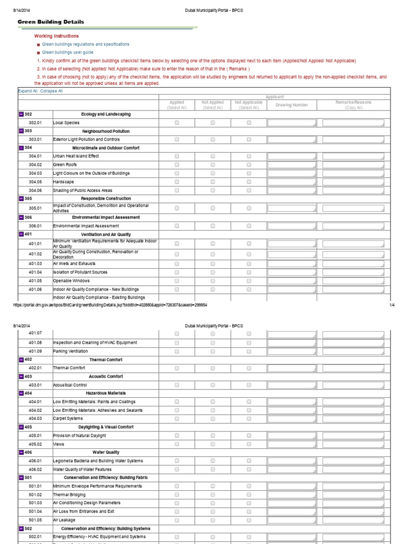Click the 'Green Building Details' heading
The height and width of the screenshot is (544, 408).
coord(51,22)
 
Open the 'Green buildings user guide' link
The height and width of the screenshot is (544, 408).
coord(67,53)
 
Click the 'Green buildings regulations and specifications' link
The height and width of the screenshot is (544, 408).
coord(86,44)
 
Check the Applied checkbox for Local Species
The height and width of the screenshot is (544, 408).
coord(177,123)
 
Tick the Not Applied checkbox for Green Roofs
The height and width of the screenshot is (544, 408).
coord(212,165)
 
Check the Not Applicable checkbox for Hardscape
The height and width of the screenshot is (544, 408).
coord(249,182)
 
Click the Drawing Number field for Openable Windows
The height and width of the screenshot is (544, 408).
coord(292,280)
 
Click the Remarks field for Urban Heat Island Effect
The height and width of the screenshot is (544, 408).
coord(353,156)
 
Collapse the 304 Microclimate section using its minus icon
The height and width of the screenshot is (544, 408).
coord(21,148)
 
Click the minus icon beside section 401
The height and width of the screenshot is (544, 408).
coord(21,234)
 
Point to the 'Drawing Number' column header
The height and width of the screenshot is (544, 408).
coord(292,105)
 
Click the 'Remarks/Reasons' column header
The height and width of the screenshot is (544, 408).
coord(353,103)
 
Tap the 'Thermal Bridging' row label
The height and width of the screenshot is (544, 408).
coord(69,495)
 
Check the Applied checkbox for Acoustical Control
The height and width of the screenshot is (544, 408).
coord(177,385)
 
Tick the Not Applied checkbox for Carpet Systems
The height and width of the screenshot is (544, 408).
coord(212,419)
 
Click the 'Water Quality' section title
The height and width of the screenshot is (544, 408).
coord(106,453)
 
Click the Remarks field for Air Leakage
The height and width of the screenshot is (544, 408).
coord(353,520)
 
